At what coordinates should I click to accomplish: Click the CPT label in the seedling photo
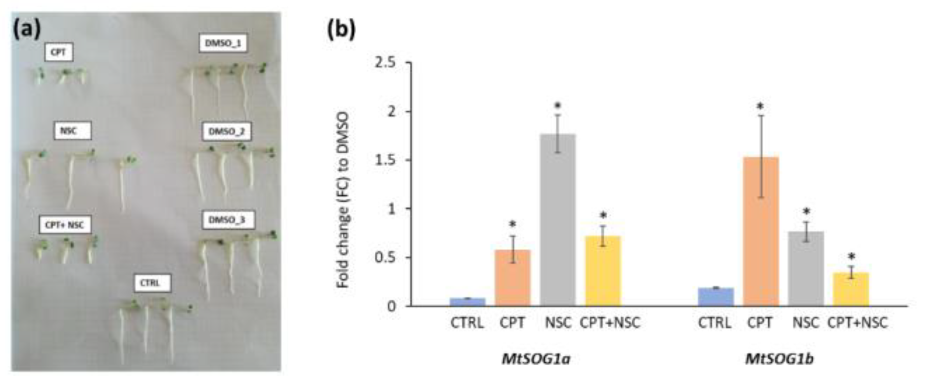(59, 52)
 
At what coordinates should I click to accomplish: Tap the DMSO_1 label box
(223, 43)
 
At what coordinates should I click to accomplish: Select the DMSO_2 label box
(226, 131)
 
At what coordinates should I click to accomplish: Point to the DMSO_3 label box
(227, 220)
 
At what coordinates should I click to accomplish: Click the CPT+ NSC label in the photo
(65, 225)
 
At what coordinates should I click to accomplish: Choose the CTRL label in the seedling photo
(150, 283)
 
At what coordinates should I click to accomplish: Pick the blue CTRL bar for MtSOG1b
(716, 297)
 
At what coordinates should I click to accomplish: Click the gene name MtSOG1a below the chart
(536, 359)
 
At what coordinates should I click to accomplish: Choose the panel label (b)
(341, 29)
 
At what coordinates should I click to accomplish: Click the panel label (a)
(27, 29)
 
